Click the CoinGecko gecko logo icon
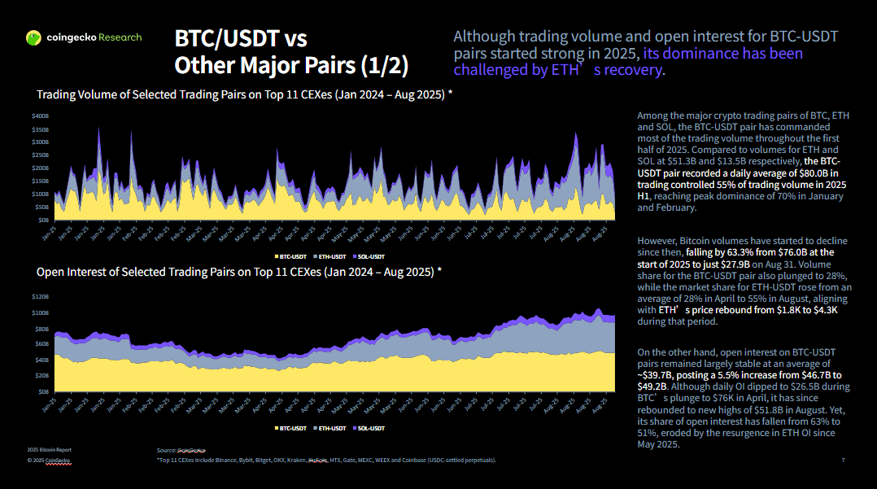(x=33, y=37)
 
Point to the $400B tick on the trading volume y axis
(x=41, y=116)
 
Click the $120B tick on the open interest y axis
(x=41, y=297)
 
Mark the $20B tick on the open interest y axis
(x=41, y=376)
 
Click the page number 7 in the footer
(x=843, y=461)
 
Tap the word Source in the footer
(x=166, y=450)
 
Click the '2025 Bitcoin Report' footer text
(x=50, y=450)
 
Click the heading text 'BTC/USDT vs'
(x=241, y=38)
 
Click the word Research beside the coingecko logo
(x=120, y=37)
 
